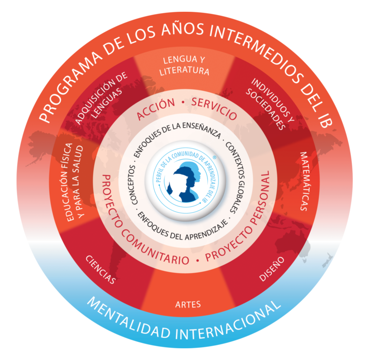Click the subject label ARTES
tap(188, 305)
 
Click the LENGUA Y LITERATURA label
tap(184, 65)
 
